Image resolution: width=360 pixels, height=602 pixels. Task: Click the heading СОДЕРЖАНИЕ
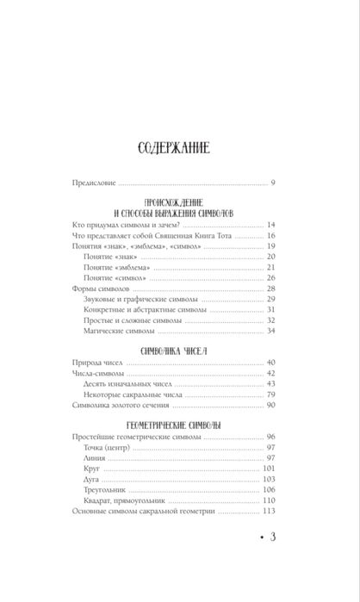click(179, 147)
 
